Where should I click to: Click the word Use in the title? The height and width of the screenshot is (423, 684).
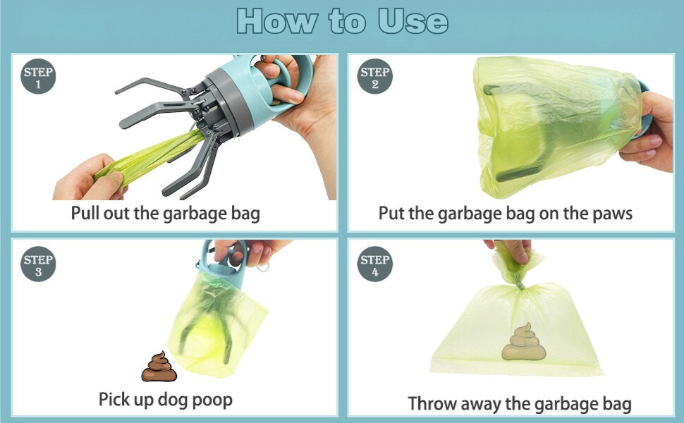point(413,21)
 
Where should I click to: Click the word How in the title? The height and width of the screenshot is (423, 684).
point(277,21)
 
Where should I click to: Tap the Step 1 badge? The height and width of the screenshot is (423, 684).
point(38,76)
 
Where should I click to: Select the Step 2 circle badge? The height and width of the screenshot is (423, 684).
point(374,76)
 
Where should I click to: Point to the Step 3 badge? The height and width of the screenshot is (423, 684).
point(38,264)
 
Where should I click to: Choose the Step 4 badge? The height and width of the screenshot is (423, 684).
point(374,264)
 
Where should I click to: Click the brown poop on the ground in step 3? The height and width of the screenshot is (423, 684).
point(159,367)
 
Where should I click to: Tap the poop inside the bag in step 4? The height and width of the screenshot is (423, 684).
point(523,342)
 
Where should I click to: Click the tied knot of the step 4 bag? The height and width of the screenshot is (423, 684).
point(519,284)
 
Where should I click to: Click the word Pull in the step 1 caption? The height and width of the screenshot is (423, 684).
point(85,213)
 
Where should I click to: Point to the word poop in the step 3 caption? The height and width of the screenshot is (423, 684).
point(212,400)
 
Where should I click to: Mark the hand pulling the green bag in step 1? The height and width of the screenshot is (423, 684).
point(90,178)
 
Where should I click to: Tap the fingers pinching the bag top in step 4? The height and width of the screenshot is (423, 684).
point(511,250)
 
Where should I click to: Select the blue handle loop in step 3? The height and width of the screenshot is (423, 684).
point(224,257)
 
